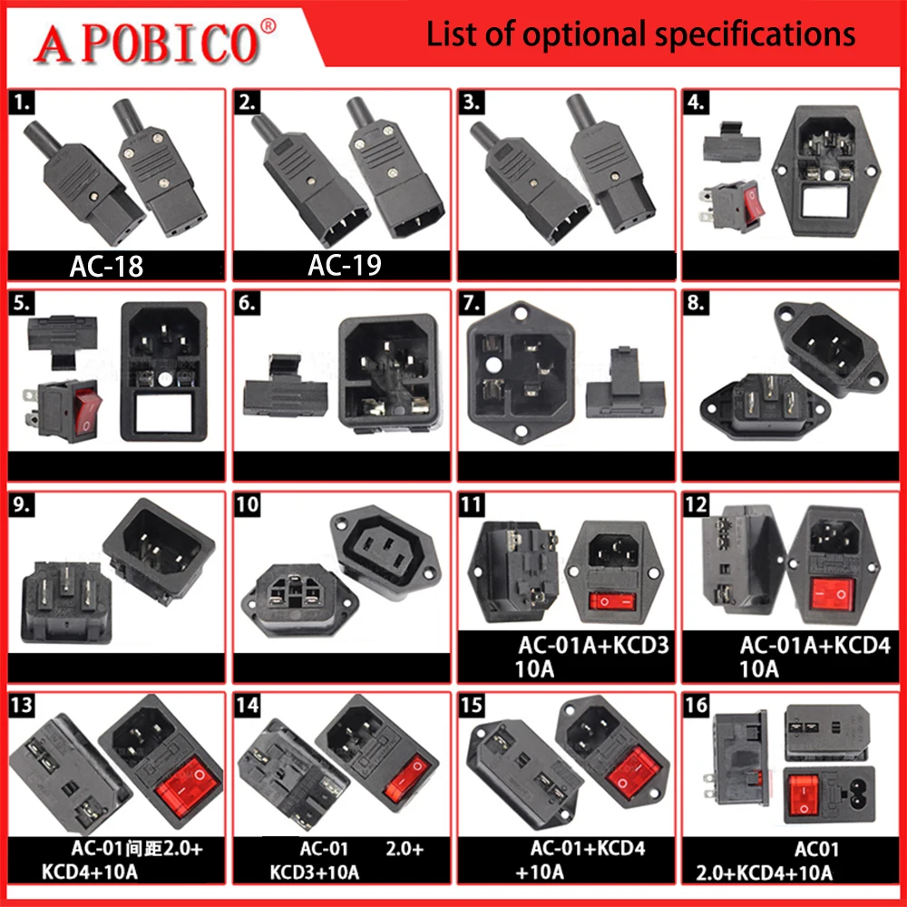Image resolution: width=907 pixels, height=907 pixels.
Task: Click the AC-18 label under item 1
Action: tap(106, 266)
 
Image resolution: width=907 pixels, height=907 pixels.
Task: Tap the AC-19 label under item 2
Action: tap(344, 266)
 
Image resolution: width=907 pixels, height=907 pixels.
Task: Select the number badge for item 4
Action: tap(697, 101)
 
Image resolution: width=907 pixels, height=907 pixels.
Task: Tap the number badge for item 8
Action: tap(697, 303)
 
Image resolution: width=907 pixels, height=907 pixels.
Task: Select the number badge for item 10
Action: tap(246, 504)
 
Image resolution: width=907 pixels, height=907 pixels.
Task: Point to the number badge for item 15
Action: tap(473, 705)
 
